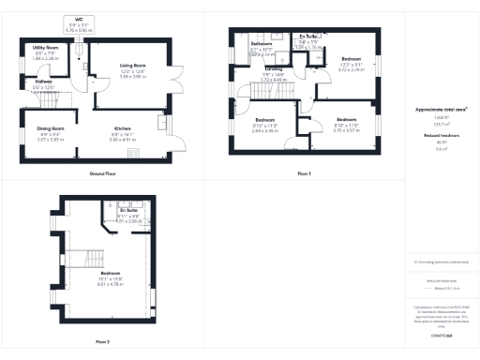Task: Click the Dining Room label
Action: coord(50,132)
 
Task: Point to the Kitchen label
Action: coord(122,132)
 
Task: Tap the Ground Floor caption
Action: coord(102,174)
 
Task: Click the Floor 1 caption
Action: coord(304,174)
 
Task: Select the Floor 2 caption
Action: coord(102,341)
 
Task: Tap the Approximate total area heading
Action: coord(441,111)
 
